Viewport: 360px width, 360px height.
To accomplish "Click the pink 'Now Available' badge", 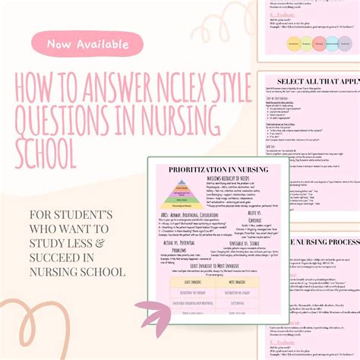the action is pyautogui.click(x=88, y=44).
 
